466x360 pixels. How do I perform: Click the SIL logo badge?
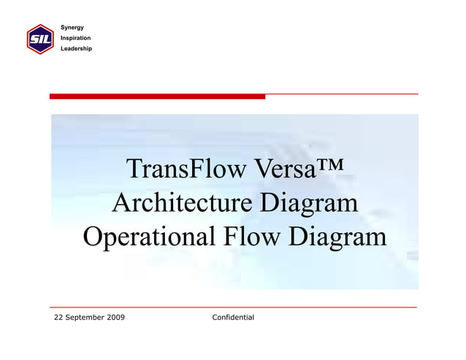coord(39,39)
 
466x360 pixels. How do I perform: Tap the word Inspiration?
coord(75,37)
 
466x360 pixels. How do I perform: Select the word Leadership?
coord(76,48)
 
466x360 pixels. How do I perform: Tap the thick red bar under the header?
coord(157,96)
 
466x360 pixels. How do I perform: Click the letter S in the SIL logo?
coord(33,39)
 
